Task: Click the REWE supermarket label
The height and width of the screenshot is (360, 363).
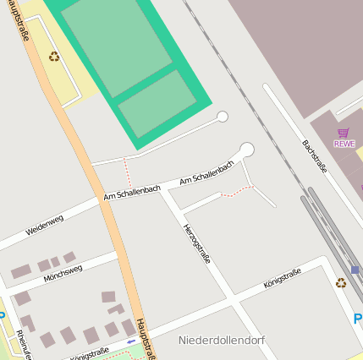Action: pos(344,144)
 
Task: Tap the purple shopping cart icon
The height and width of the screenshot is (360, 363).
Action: pos(344,133)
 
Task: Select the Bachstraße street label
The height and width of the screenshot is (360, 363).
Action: pos(314,155)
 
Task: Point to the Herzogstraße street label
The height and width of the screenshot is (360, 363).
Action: pos(197,243)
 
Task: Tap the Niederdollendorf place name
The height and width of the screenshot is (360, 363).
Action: pos(222,340)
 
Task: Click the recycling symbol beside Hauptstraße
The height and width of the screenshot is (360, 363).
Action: pos(54,57)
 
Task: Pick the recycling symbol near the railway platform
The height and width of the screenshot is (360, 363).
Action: pos(340,283)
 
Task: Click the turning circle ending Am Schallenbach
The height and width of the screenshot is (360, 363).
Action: pos(246,150)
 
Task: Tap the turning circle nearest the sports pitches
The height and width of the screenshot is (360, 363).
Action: pos(223,117)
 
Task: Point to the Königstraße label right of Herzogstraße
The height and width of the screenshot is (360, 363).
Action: pos(283,278)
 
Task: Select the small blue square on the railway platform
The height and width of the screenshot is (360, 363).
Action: pos(355,270)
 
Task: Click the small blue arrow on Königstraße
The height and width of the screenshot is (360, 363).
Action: pos(130,341)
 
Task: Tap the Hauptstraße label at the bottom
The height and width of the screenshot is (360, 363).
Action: pos(145,338)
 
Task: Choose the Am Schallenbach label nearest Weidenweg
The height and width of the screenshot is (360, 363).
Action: pos(132,193)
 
